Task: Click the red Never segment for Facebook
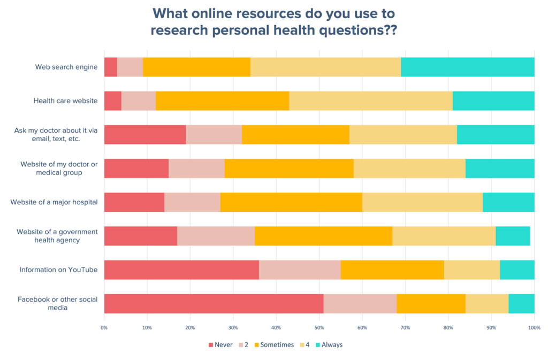pos(214,303)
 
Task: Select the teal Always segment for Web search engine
pos(467,67)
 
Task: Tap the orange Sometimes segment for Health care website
pos(222,101)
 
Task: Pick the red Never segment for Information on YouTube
pos(181,270)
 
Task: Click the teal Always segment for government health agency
pos(513,236)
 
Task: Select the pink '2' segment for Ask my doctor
pos(214,134)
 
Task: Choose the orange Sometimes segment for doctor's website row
pos(288,168)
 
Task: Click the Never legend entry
pos(220,345)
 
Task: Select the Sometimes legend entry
pos(277,345)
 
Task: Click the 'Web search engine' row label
pos(66,67)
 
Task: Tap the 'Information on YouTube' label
pos(58,270)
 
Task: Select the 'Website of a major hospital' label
pos(54,202)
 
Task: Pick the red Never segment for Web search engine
pos(110,67)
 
